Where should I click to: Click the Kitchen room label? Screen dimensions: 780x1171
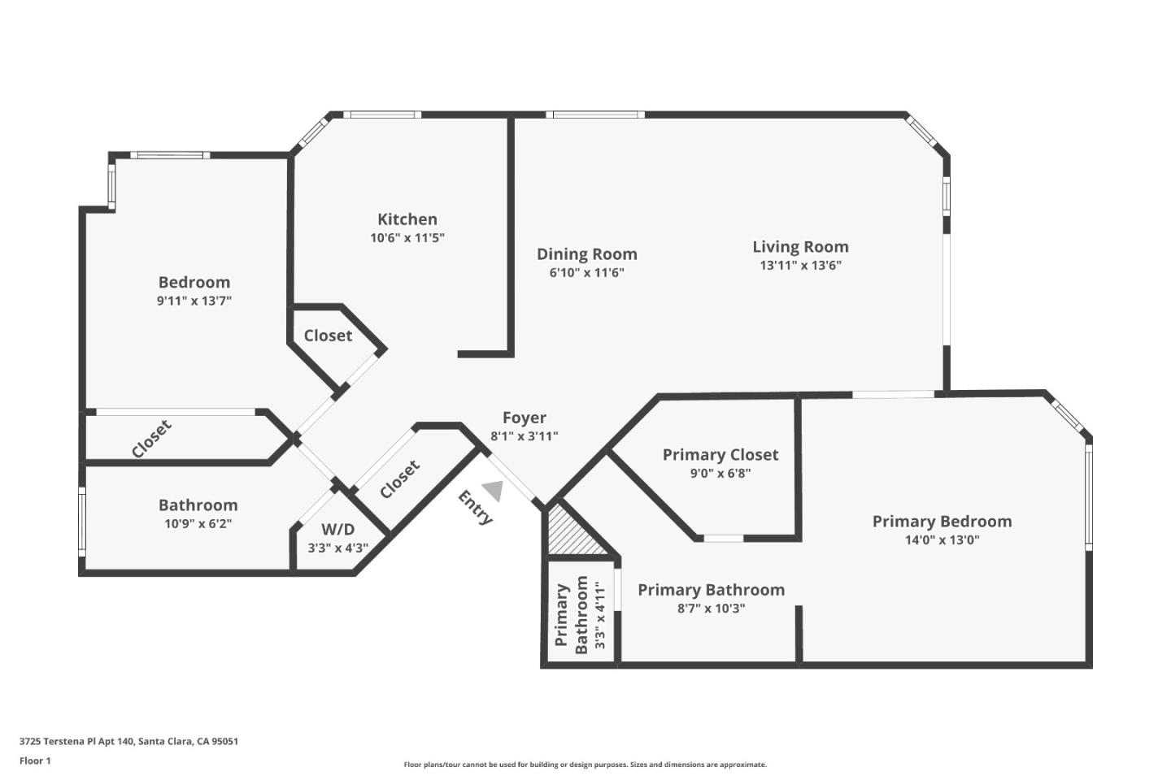pos(407,219)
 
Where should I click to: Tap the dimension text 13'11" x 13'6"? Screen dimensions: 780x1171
pos(800,266)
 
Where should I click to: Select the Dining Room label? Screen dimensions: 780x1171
pos(586,254)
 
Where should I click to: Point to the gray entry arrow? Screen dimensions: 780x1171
pos(493,490)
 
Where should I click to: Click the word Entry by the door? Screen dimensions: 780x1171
pos(476,508)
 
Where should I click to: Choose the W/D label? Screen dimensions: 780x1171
pos(337,530)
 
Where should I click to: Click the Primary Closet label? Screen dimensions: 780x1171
pos(720,455)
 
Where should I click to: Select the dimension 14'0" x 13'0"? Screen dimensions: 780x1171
pos(942,540)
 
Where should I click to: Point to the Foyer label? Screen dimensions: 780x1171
pos(524,418)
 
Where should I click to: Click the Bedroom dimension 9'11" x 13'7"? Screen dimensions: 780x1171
pos(194,301)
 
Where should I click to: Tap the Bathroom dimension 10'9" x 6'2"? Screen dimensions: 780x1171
pos(198,524)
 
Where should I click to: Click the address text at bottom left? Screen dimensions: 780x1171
pos(128,741)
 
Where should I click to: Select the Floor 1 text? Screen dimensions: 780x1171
pos(35,761)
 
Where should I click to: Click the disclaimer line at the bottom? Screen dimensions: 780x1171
pos(585,765)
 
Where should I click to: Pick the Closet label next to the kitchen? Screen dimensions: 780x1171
pos(328,336)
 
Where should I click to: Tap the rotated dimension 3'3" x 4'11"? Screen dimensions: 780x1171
pos(600,615)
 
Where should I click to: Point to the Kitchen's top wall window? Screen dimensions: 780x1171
pos(381,115)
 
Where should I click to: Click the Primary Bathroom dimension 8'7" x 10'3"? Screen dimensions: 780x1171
pos(711,609)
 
